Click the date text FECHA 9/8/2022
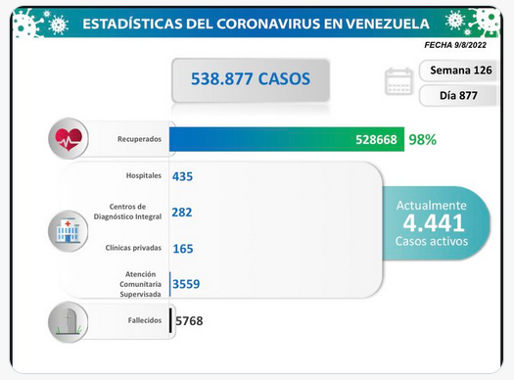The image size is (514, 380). coord(455,45)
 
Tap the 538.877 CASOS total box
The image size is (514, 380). coord(251,80)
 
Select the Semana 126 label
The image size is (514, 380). coord(461,71)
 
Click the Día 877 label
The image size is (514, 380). coord(458,95)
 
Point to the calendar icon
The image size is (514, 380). coord(398,81)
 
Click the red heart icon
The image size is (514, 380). coord(69,139)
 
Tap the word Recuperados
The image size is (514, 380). coord(139,139)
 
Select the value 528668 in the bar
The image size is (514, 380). coord(376,140)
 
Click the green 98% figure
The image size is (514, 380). coord(423,140)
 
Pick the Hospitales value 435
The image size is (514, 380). coord(182,176)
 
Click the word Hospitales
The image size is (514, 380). coord(144,175)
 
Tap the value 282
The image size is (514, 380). coord(182,213)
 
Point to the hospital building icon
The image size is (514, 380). coord(68,231)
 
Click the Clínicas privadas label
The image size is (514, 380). coord(133,248)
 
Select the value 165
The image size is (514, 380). coord(183,249)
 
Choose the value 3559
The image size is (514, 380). coord(186,284)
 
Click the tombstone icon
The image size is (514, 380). coord(68,322)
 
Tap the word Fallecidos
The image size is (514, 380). coord(145,320)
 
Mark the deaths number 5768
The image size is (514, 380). coord(189,320)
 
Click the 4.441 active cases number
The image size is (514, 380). coord(434,223)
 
